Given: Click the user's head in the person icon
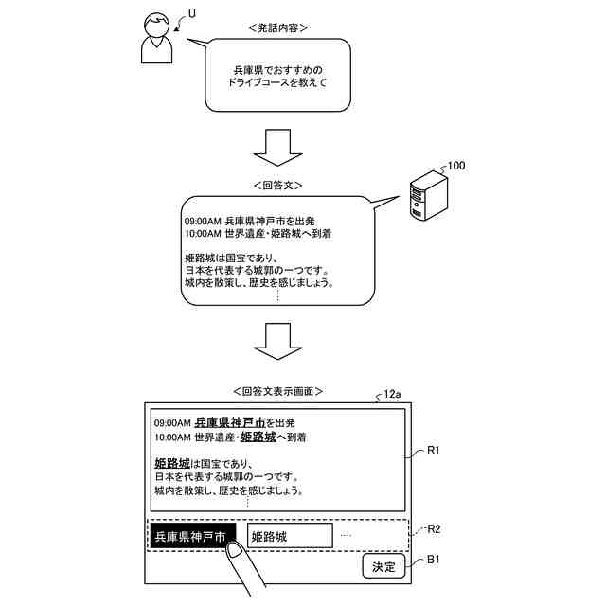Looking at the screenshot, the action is [x=156, y=26].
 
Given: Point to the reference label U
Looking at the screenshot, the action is [x=191, y=14].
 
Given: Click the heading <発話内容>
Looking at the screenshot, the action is [x=277, y=27].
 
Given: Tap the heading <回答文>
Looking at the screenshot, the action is [x=277, y=186].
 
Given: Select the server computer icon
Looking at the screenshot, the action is [x=429, y=196].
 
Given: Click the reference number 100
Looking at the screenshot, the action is [x=456, y=166].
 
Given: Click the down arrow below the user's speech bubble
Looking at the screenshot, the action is [x=277, y=148].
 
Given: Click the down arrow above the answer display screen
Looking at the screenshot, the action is [x=277, y=341].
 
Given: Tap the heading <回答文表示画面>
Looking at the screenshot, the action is [x=277, y=391].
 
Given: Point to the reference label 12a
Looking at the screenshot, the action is [x=392, y=394].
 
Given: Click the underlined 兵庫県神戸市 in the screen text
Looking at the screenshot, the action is [x=230, y=422].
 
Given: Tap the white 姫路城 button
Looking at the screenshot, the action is [x=290, y=536].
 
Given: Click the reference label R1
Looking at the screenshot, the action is [x=434, y=451].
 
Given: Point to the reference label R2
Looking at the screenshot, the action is [x=434, y=529].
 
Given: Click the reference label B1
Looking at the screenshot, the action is [x=433, y=560].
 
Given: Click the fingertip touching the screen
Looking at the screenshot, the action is [x=235, y=549].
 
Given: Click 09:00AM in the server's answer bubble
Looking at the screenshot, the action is [x=203, y=222].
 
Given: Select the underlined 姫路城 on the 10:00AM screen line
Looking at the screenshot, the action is [x=258, y=437].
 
